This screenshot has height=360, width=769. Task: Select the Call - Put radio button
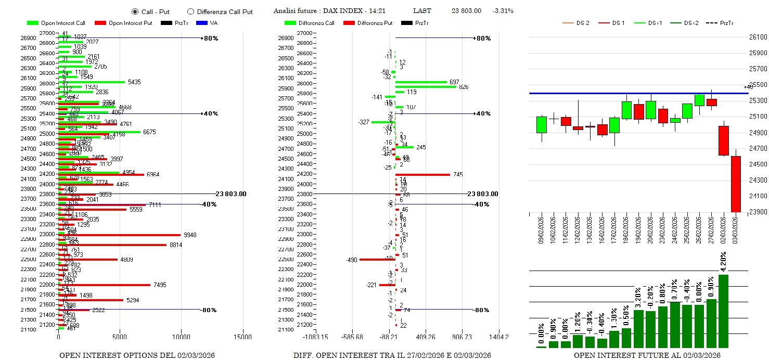click(135, 11)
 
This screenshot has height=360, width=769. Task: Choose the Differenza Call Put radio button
click(190, 11)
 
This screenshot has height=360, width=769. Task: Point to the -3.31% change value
click(503, 11)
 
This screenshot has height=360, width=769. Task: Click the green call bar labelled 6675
click(99, 132)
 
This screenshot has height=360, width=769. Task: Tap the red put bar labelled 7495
click(104, 285)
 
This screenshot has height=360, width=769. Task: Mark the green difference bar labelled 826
click(426, 87)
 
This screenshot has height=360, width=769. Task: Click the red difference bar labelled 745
click(422, 174)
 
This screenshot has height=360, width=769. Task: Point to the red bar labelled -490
click(377, 260)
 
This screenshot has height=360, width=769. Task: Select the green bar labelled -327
click(383, 122)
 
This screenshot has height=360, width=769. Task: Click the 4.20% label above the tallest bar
click(723, 262)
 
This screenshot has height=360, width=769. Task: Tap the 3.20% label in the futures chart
click(638, 298)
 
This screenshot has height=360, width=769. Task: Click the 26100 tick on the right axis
click(758, 37)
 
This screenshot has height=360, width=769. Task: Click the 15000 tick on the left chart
click(243, 337)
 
